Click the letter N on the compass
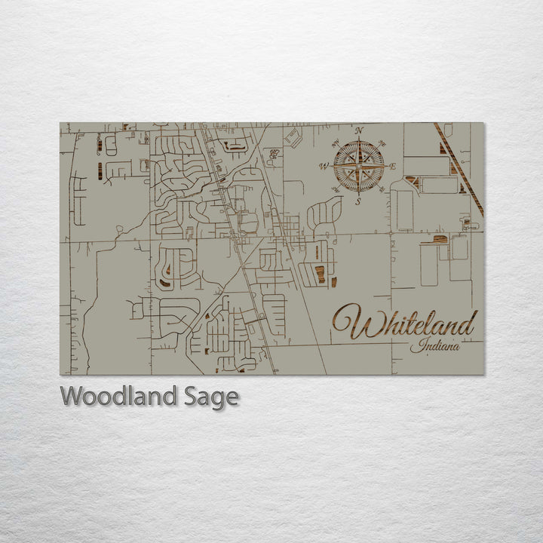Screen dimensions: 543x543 point(360,131)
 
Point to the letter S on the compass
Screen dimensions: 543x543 point(360,201)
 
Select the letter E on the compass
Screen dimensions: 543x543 point(393,166)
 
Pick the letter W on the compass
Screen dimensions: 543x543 point(325,166)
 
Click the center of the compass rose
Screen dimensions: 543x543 point(360,166)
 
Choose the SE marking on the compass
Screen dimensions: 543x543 point(383,189)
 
